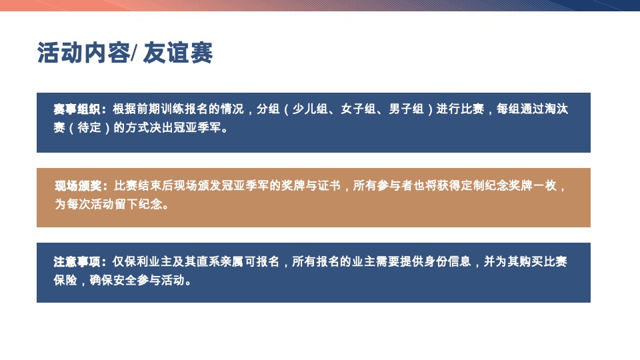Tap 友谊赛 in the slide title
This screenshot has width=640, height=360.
click(x=178, y=53)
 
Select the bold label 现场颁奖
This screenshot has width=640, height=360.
click(x=78, y=185)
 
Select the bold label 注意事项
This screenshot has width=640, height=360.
click(x=77, y=261)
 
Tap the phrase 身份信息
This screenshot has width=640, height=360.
click(x=449, y=261)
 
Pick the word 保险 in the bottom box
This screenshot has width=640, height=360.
click(x=65, y=280)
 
